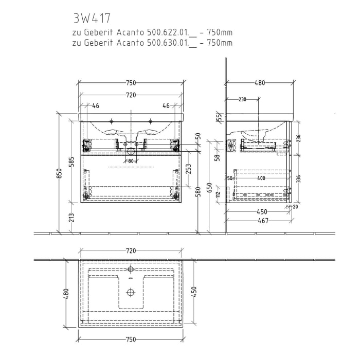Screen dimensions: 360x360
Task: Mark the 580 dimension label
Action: coord(197,192)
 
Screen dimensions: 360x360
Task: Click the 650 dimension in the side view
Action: coord(209,187)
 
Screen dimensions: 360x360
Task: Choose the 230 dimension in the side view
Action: coord(243,99)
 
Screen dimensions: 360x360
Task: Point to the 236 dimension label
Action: coord(298,138)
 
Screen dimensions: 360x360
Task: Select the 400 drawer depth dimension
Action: coord(261,178)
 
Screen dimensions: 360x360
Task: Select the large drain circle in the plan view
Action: coord(131,292)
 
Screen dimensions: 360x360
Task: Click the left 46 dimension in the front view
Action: coord(95,106)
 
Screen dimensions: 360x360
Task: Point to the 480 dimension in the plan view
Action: coord(66,294)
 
